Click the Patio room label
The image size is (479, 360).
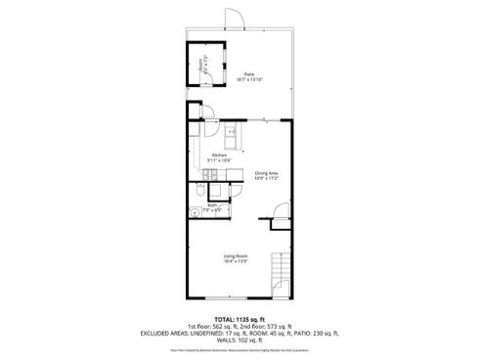coord(249,73)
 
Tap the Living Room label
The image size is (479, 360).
coord(235,256)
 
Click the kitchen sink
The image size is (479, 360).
coord(231,132)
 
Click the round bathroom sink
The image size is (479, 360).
coord(196,212)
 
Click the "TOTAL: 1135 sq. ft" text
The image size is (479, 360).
coord(239,319)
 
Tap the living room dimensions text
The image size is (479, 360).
coord(235,262)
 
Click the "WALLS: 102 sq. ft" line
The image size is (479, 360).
coord(239,342)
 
